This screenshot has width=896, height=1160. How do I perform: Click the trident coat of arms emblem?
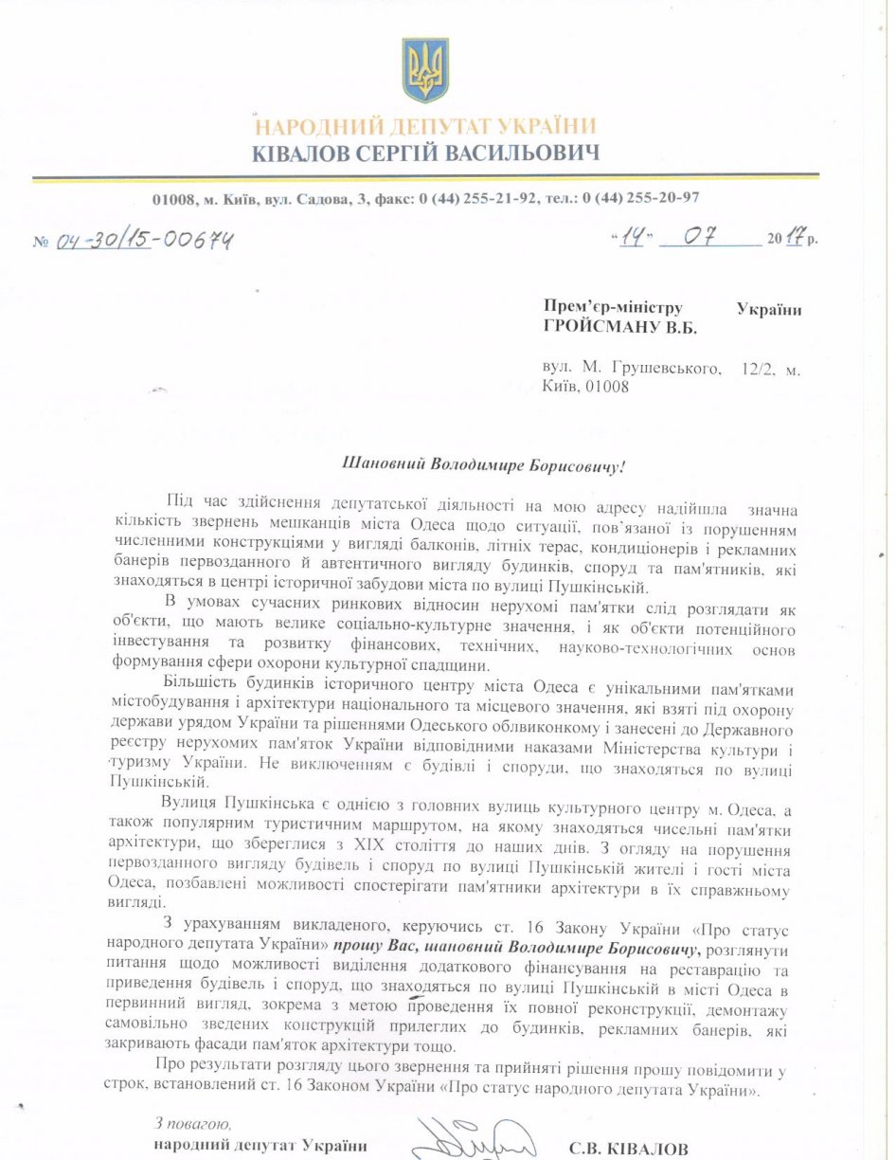point(424,70)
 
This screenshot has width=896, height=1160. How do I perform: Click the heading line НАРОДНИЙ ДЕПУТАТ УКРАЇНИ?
point(425,126)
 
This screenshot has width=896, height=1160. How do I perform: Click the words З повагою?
point(192,1124)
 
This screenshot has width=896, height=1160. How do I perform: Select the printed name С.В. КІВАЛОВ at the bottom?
point(629,1149)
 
